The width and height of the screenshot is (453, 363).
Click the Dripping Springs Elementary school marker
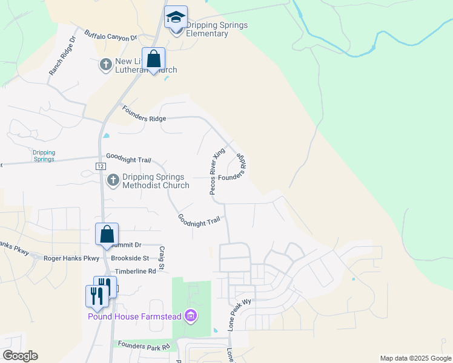coord(176,17)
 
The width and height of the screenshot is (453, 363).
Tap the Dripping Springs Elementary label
coord(207,29)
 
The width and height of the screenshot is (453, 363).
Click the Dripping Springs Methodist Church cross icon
coord(113,180)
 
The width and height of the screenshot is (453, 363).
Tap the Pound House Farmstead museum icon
coord(191,315)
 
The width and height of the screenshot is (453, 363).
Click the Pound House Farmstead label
coord(136,316)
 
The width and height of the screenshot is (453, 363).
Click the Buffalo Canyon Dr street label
coord(111,36)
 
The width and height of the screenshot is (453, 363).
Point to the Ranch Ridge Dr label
coord(62,56)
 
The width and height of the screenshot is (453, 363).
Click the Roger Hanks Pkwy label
coord(71,258)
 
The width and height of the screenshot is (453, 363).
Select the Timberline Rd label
coord(135,272)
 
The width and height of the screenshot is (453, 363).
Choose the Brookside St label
coord(130,258)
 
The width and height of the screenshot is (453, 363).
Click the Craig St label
coord(162,258)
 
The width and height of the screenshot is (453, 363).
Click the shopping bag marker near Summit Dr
coord(107,235)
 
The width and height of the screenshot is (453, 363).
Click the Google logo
coord(20,356)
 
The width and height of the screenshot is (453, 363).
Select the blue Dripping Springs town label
coord(44,156)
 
